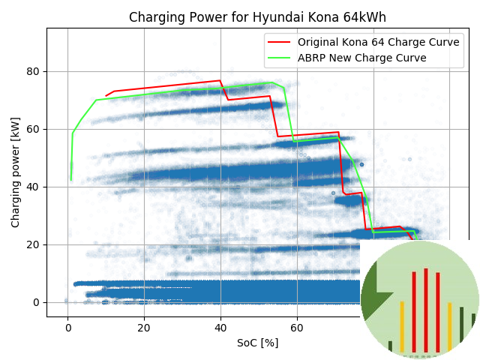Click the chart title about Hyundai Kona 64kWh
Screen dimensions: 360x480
257,17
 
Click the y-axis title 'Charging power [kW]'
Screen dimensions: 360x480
16,172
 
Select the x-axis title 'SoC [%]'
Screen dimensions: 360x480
257,342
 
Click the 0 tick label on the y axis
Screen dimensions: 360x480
34,302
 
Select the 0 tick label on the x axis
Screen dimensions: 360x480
68,327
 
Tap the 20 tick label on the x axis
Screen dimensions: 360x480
144,327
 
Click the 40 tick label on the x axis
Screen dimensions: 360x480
220,327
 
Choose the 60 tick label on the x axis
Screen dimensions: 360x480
297,327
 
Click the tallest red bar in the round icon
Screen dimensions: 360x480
425,309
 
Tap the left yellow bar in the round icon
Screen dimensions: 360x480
402,326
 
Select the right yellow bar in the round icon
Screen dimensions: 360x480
449,327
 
